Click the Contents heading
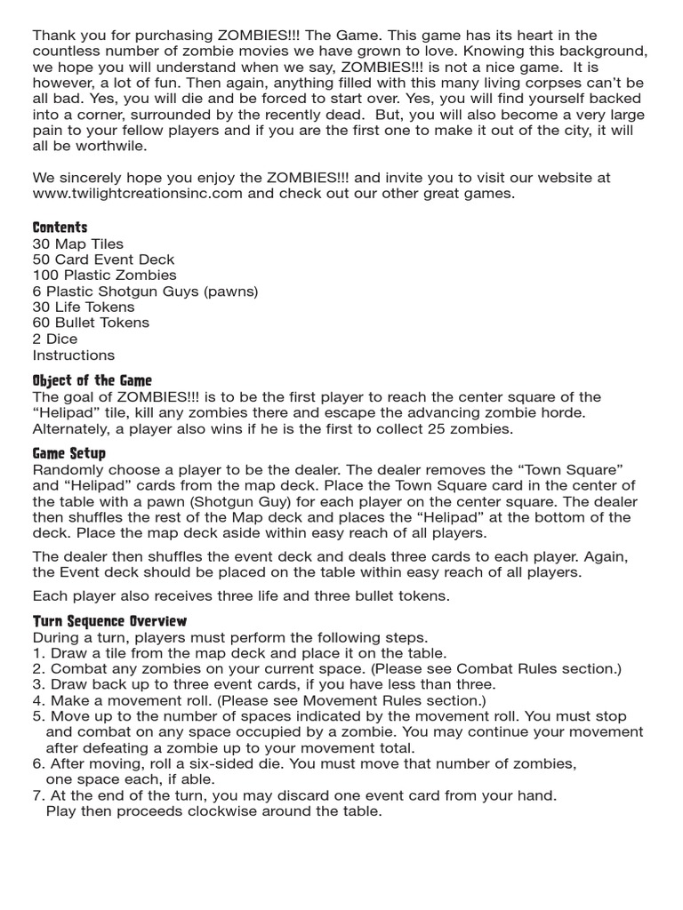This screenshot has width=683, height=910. tap(60, 227)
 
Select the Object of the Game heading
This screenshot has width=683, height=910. tap(92, 379)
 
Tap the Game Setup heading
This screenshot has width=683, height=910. tap(69, 453)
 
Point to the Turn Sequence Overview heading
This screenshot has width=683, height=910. tap(109, 621)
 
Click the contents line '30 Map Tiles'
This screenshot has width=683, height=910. tap(78, 243)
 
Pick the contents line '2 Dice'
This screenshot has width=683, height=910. tap(55, 339)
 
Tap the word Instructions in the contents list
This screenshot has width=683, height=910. tap(74, 355)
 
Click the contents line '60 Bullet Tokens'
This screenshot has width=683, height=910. tap(91, 323)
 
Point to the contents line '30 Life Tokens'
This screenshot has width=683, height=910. tap(84, 307)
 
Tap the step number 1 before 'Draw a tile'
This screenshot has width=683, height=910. tap(37, 653)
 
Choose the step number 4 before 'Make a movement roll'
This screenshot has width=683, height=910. tap(37, 701)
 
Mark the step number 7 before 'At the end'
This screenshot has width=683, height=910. tap(37, 796)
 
